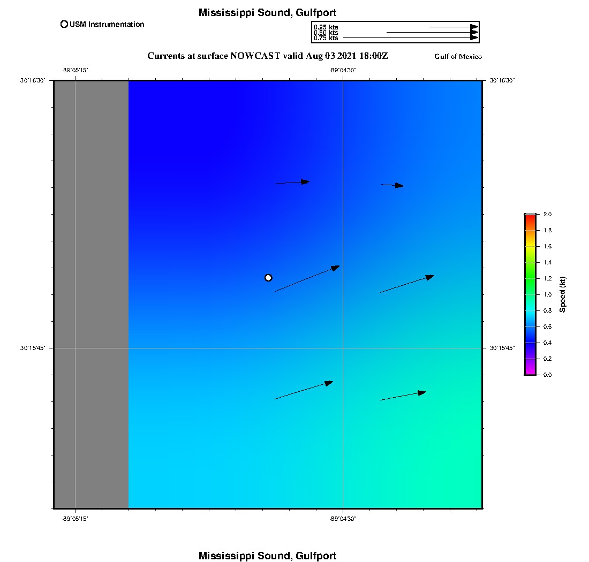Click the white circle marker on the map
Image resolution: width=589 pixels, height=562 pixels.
(268, 277)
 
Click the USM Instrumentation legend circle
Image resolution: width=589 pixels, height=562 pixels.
(64, 24)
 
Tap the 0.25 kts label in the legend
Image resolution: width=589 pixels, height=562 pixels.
(326, 27)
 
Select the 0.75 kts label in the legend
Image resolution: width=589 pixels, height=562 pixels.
(326, 38)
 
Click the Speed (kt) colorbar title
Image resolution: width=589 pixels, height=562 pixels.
(563, 294)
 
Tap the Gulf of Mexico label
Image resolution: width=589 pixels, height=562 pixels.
(458, 57)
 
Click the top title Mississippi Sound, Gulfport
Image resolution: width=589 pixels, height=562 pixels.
(267, 13)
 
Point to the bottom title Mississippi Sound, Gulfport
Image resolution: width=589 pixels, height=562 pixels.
(267, 556)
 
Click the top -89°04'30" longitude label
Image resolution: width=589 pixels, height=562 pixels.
(343, 70)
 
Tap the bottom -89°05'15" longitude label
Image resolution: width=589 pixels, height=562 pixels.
(75, 519)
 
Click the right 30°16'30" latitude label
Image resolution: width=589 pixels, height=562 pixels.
(502, 80)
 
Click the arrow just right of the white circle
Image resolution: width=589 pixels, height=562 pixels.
(307, 278)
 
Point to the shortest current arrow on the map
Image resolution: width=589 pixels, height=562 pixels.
(392, 185)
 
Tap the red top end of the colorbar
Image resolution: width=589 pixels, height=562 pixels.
(530, 216)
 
